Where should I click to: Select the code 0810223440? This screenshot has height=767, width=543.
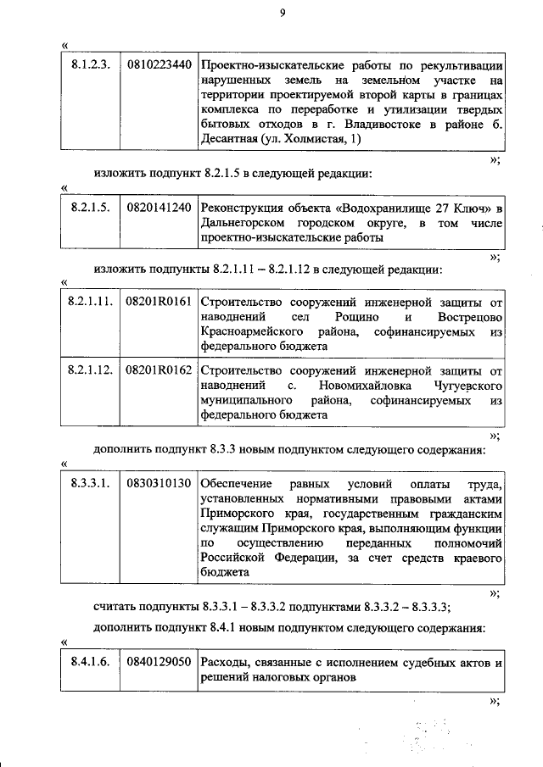158,64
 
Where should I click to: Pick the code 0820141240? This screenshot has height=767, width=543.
158,208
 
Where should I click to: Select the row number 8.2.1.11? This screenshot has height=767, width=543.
90,301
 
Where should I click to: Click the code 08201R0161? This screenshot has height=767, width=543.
159,301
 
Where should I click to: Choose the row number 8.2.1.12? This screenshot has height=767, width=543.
90,370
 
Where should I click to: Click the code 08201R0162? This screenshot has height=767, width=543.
159,370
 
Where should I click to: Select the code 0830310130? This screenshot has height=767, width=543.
158,483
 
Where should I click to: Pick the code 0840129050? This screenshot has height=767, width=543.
158,662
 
